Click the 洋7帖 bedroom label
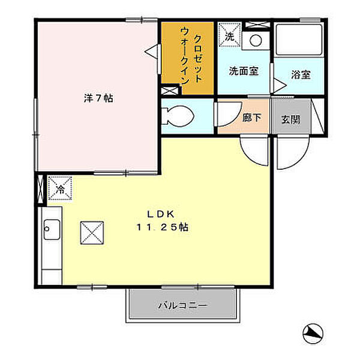(x=98, y=99)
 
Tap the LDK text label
(x=158, y=214)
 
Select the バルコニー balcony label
(x=182, y=306)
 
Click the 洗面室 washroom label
(x=244, y=71)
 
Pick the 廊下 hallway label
(x=252, y=118)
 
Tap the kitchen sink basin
(x=50, y=229)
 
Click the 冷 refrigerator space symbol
(x=60, y=188)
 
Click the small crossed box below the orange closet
(x=170, y=91)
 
